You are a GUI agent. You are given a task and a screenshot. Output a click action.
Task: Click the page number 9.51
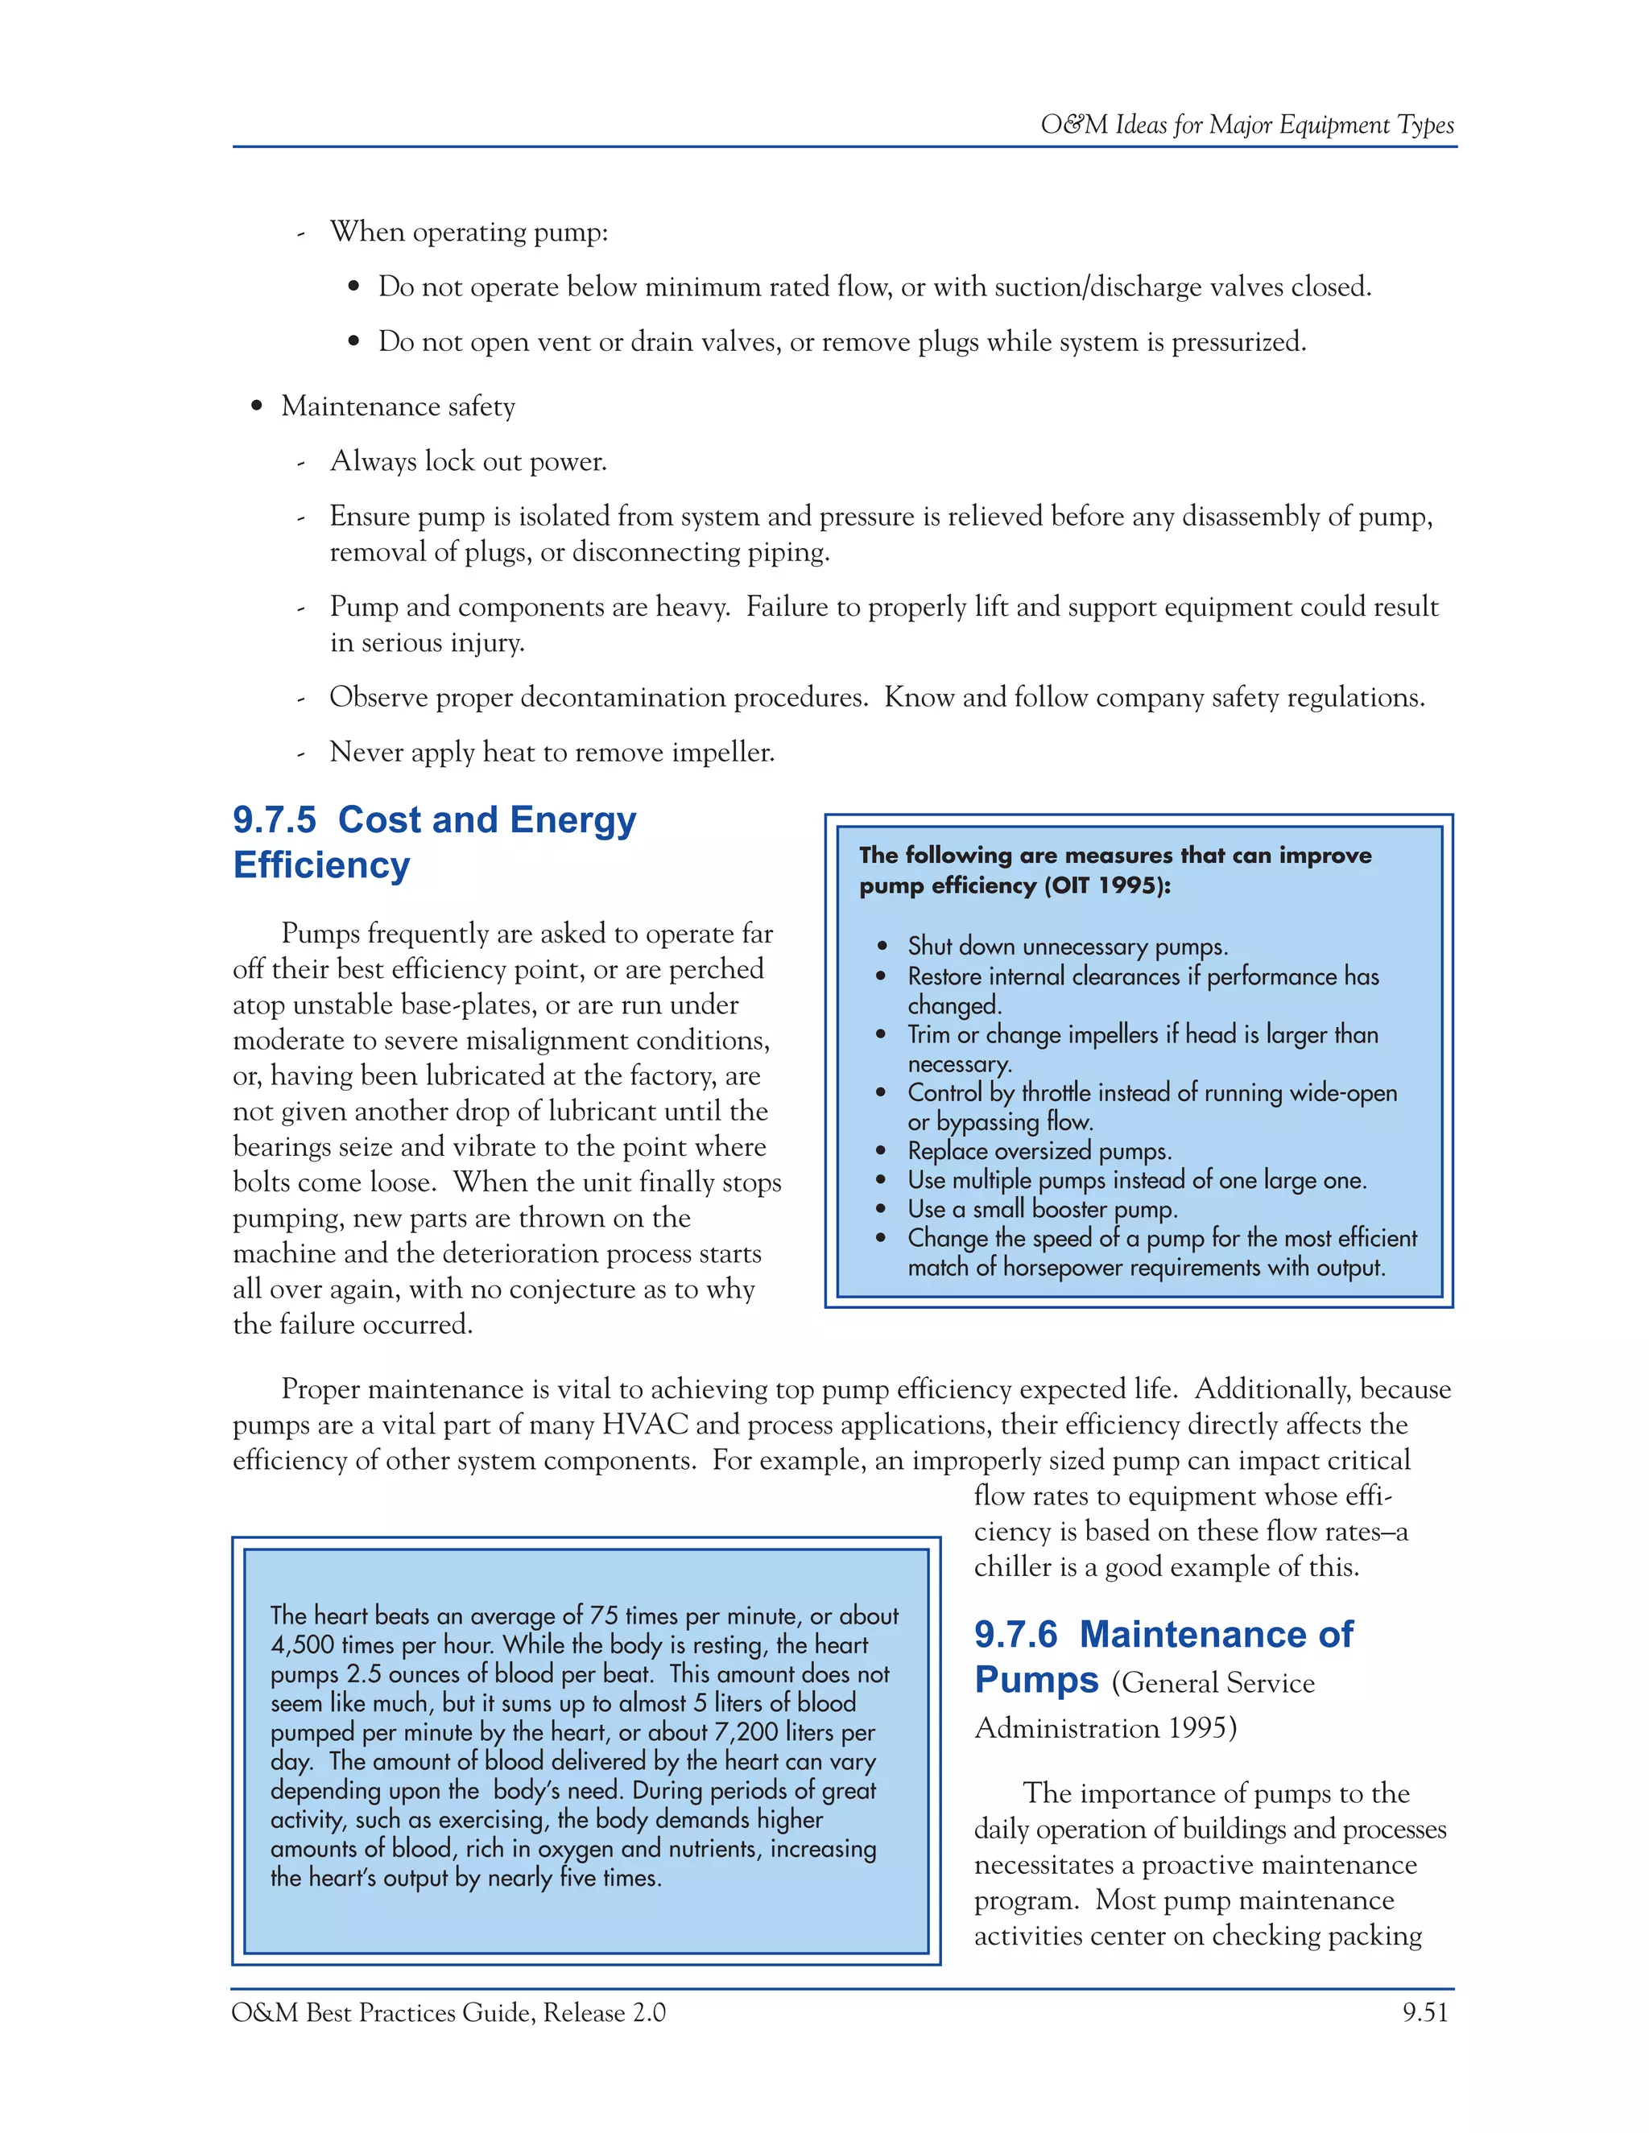click(x=1425, y=2012)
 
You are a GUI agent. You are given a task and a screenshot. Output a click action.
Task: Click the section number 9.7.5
click(x=275, y=820)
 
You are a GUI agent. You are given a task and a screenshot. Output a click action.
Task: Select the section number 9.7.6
click(x=1016, y=1634)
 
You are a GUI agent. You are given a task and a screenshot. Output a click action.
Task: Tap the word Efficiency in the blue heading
click(x=321, y=865)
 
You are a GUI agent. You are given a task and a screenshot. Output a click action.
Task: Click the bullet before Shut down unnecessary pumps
click(x=882, y=947)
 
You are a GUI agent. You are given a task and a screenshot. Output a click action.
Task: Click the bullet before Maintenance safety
click(x=257, y=407)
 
